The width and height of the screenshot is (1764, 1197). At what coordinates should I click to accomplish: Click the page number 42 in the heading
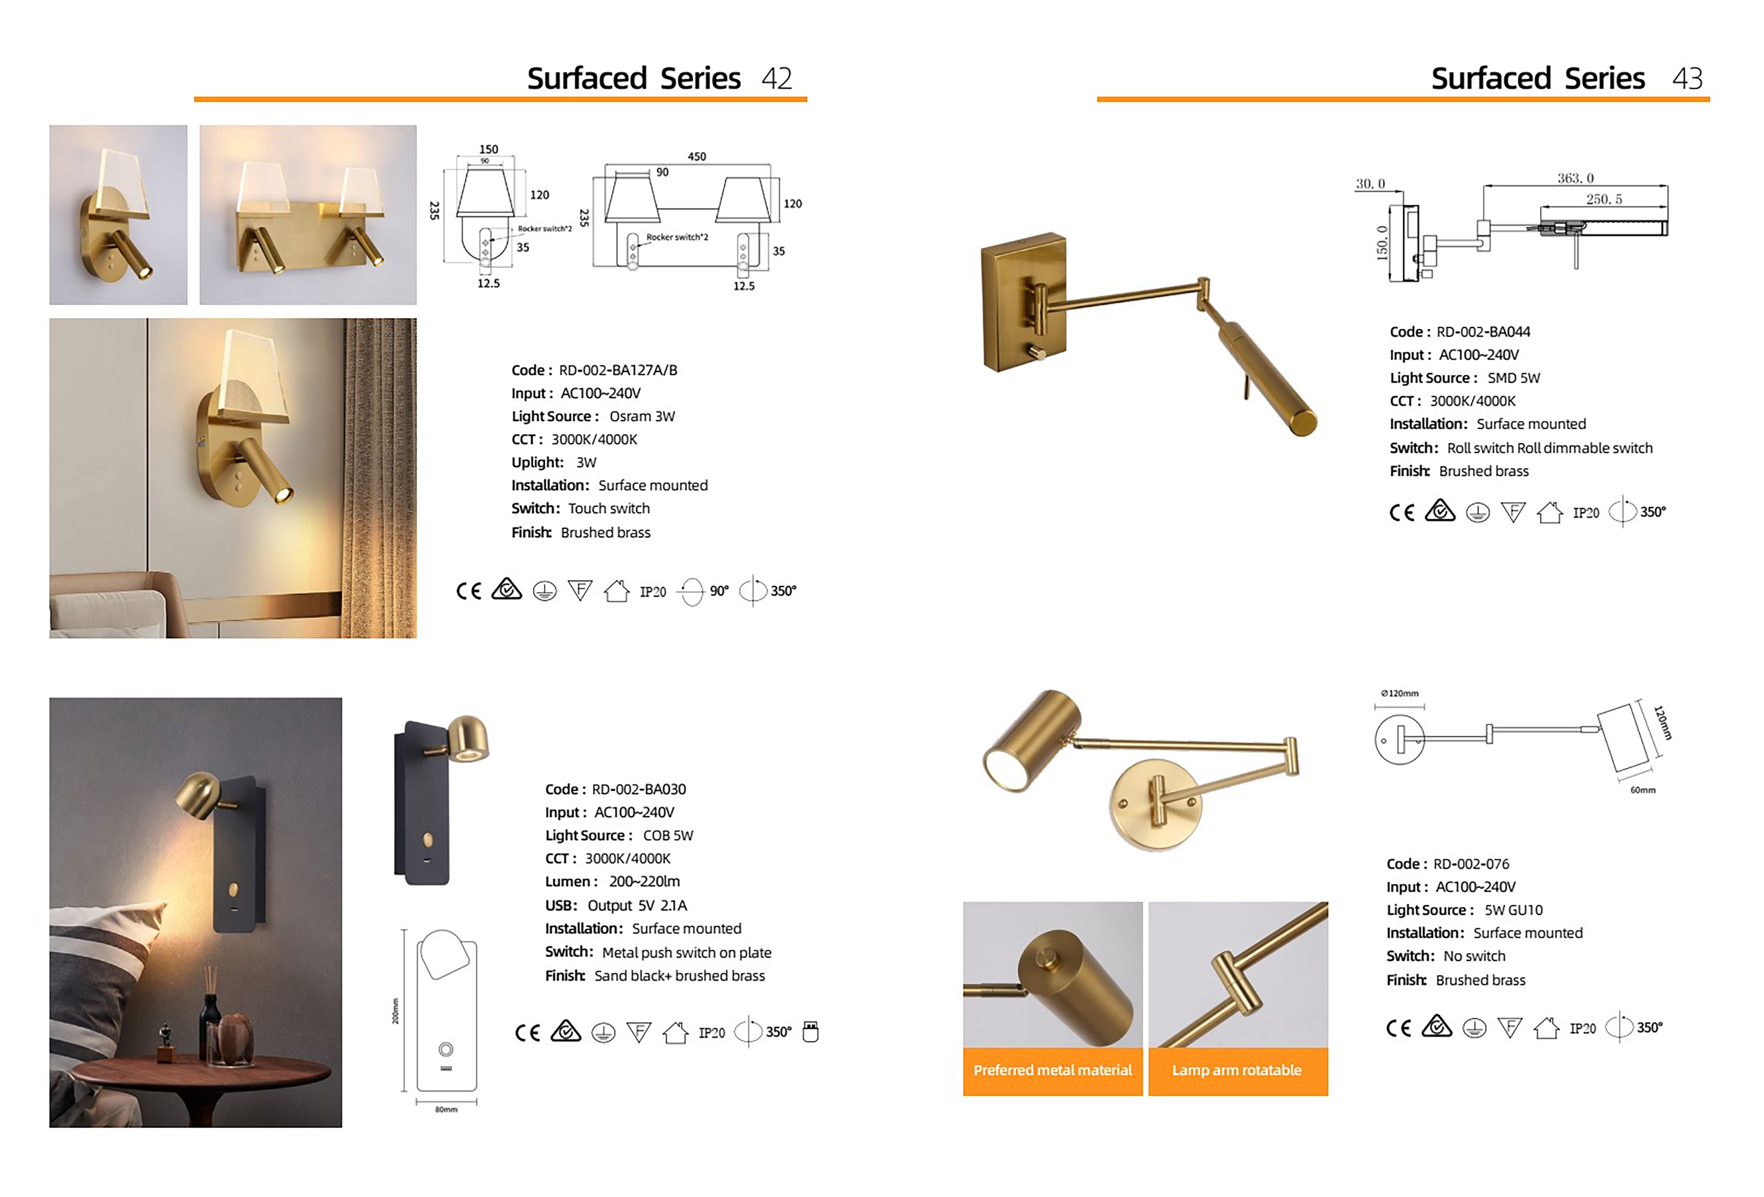tap(776, 78)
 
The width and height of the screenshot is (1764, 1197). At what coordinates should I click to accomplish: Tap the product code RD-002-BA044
tap(1483, 332)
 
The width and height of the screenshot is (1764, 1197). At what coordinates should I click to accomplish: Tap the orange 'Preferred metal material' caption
tap(1052, 1070)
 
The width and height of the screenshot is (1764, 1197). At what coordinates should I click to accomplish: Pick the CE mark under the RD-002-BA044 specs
tap(1401, 513)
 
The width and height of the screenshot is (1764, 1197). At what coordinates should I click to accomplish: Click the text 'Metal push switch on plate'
tap(686, 953)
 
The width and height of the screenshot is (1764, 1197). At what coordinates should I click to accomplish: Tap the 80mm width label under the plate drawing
tap(446, 1110)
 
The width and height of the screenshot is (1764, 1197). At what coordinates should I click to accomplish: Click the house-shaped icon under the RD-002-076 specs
tap(1546, 1029)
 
